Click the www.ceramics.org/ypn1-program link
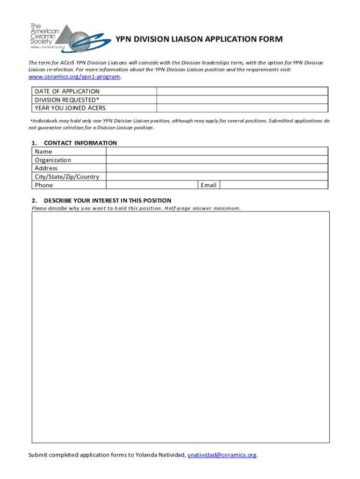(x=74, y=77)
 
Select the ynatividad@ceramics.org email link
(x=222, y=455)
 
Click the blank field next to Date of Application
(x=242, y=91)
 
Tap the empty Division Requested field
(x=242, y=100)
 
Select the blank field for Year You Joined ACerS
(x=242, y=108)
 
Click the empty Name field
(x=217, y=151)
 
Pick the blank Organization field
(x=217, y=160)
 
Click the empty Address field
(x=217, y=168)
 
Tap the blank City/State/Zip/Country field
(x=217, y=176)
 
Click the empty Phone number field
(x=152, y=185)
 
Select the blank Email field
(x=274, y=185)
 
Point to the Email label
(x=209, y=185)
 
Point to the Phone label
(x=44, y=185)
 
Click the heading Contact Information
(x=80, y=143)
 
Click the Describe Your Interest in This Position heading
(x=108, y=201)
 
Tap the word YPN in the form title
(x=124, y=39)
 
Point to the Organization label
(x=53, y=160)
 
